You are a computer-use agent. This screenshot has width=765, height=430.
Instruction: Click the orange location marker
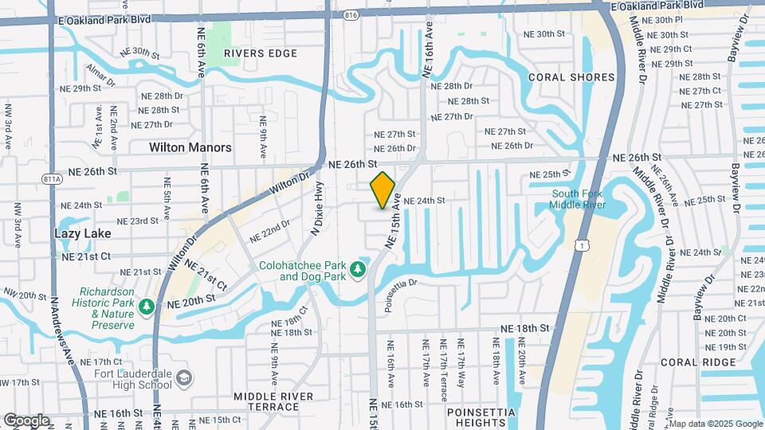coord(383,190)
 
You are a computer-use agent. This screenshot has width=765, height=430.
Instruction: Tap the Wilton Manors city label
coord(190,147)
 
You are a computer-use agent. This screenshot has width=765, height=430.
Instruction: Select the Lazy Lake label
coord(83,233)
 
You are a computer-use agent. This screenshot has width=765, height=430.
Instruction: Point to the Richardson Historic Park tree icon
coord(146,306)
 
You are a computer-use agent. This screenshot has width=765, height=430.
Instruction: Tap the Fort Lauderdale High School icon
coord(184,377)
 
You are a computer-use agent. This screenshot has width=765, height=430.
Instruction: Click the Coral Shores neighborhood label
coord(571,77)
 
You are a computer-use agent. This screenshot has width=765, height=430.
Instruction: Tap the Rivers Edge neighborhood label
coord(261,53)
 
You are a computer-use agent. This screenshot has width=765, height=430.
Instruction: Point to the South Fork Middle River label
coord(578,199)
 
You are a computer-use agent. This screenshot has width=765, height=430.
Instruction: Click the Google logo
coord(26,420)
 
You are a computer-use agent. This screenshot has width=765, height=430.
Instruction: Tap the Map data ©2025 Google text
coord(716,424)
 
